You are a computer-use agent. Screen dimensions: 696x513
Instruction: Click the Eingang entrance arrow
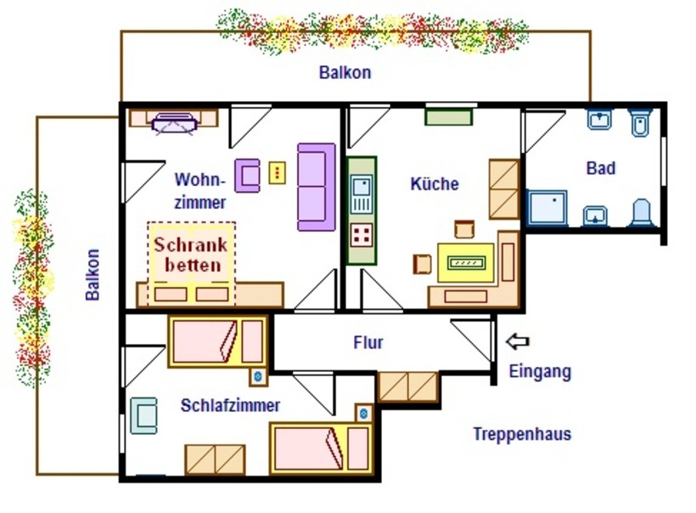point(518,341)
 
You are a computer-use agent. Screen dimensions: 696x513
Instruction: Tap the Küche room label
point(435,183)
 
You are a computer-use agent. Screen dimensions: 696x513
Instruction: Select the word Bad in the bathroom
point(601,168)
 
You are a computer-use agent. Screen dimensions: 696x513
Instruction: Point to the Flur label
point(368,342)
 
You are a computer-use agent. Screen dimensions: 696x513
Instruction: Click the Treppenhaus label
point(522,434)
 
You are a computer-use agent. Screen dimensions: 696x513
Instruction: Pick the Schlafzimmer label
point(230,405)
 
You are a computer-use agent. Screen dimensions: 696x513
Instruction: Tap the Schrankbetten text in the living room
point(191,255)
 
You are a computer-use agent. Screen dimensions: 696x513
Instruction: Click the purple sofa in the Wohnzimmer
point(316,187)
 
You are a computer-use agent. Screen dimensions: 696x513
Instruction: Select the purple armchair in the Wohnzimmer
point(247,176)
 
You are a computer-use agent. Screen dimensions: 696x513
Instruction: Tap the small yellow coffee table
point(277,172)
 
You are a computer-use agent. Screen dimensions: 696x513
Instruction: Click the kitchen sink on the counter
point(362,194)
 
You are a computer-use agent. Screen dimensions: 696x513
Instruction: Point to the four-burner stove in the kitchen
point(362,235)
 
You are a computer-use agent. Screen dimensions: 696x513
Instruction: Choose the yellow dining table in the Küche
point(466,262)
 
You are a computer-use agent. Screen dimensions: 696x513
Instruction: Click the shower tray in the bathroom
point(547,207)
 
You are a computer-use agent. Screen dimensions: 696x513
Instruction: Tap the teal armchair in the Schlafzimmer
point(143,415)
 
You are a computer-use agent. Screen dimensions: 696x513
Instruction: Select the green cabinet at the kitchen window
point(448,117)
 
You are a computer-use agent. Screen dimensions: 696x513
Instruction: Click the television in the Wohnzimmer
point(174,123)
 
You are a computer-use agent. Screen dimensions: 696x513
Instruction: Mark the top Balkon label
point(345,72)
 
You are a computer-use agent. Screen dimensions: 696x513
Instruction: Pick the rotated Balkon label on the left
point(93,275)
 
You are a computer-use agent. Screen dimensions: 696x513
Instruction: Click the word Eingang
point(540,372)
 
